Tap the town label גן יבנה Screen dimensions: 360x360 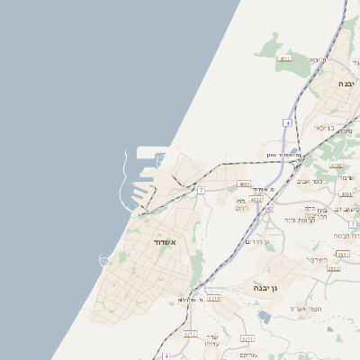[270, 288]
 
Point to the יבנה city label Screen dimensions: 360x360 [346, 83]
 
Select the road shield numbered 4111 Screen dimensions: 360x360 [285, 58]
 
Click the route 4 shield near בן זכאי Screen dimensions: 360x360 [287, 121]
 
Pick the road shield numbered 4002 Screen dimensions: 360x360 [244, 184]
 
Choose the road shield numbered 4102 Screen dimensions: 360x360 [337, 166]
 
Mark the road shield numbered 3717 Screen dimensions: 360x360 [191, 334]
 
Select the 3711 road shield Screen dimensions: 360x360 [247, 338]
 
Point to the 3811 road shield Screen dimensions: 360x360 [343, 255]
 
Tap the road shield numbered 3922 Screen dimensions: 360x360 [334, 268]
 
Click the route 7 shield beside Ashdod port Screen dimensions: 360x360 [201, 190]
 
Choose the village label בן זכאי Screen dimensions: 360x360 [324, 127]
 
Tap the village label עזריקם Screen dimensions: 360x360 [273, 355]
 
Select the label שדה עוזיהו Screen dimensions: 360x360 [212, 340]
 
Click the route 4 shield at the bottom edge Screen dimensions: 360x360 [166, 356]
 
